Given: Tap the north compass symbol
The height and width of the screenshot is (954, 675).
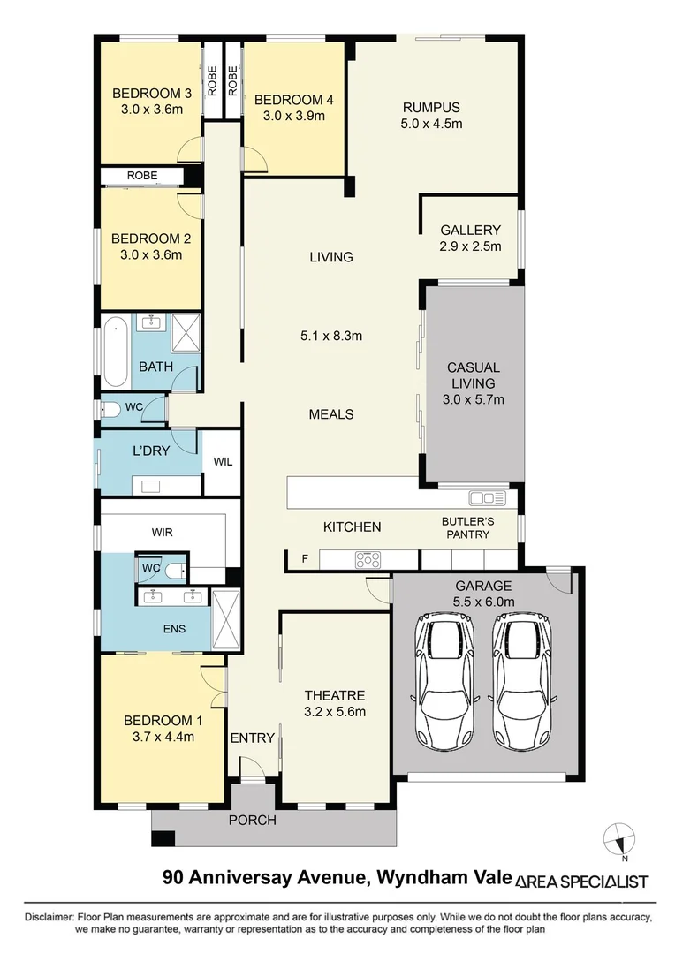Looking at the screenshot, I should point(620,838).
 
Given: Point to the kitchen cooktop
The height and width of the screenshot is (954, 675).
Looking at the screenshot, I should point(367,559).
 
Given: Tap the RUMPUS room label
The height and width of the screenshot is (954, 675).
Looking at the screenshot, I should point(430,108).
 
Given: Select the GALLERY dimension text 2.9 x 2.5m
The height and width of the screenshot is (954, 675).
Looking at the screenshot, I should point(471,246).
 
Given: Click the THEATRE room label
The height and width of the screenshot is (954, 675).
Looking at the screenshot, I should point(334,695).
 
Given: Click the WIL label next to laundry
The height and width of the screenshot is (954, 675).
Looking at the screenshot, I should point(222,461).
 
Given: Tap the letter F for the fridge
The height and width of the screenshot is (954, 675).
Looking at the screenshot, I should point(306,559).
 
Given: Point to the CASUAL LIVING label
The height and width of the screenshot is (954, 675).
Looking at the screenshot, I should point(474,375).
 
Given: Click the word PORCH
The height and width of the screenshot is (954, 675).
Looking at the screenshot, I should point(253,820).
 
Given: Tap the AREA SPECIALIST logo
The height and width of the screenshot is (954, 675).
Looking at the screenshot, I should point(581,881).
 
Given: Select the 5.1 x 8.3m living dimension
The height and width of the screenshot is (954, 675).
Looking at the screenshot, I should point(332,335).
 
